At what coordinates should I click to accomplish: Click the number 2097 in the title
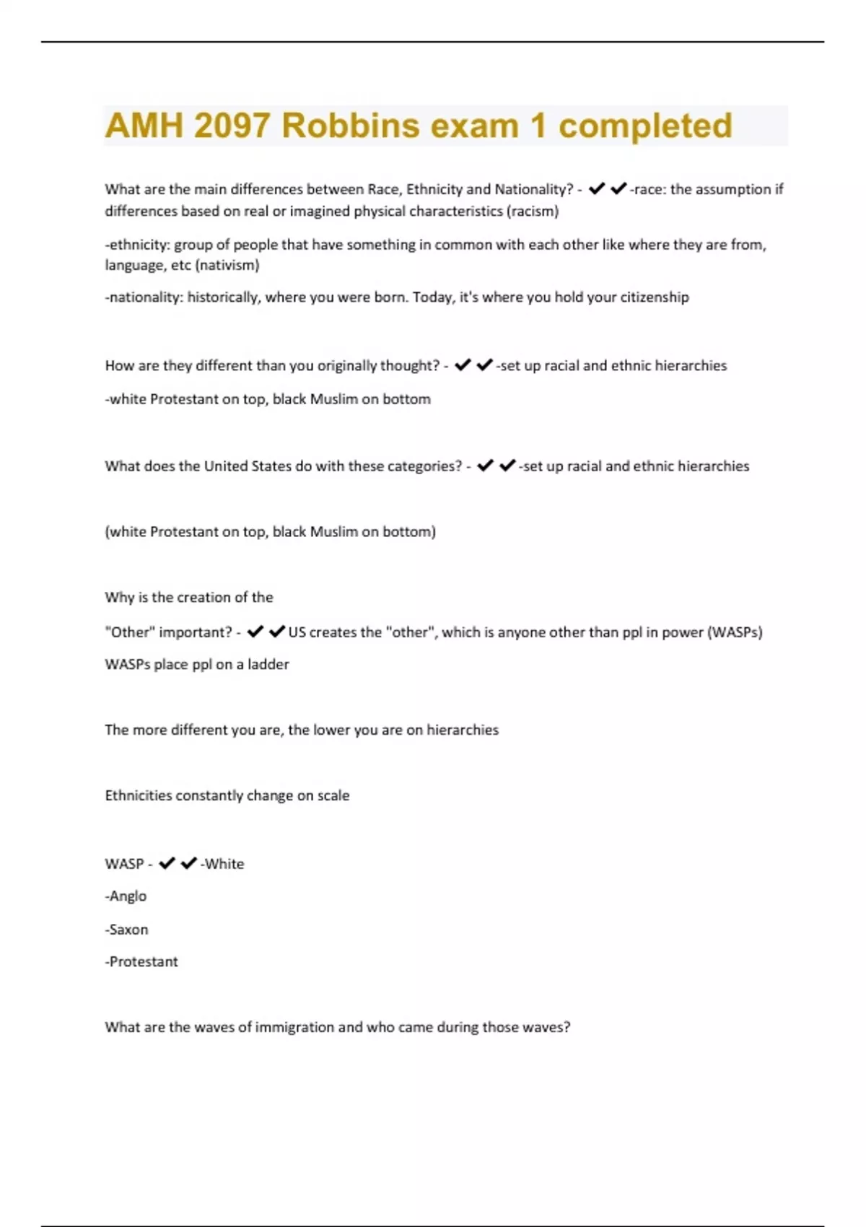pos(233,126)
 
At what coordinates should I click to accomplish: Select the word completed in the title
pos(645,126)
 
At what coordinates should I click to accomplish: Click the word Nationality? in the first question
pos(533,189)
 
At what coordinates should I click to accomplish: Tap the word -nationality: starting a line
pos(144,297)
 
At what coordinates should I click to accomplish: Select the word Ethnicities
pos(138,795)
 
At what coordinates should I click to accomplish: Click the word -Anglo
pos(126,896)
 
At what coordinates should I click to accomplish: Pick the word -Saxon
pos(126,929)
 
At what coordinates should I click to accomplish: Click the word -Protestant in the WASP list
pos(141,961)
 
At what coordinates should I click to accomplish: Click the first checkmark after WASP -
pos(167,863)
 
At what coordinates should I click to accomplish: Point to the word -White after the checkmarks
pos(222,863)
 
